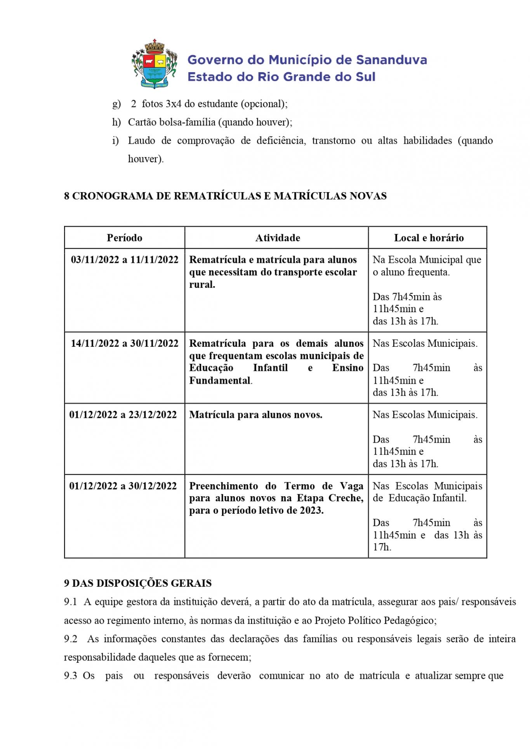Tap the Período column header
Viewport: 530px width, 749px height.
(x=124, y=238)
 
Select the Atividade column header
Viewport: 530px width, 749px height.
(x=278, y=238)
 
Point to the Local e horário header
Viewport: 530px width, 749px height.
(x=429, y=238)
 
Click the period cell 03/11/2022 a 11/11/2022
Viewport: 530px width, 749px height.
(x=124, y=260)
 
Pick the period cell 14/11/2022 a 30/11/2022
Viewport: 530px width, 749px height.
(x=124, y=344)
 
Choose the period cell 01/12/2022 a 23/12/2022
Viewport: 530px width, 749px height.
(x=123, y=415)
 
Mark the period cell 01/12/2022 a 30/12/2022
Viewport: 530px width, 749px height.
(x=123, y=486)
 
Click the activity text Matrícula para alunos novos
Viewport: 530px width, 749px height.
(x=255, y=415)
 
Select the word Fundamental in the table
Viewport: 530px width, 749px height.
(x=220, y=381)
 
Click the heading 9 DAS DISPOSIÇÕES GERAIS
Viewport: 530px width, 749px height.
(x=138, y=583)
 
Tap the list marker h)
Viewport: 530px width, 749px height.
(x=116, y=123)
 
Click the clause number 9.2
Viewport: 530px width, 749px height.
(x=71, y=639)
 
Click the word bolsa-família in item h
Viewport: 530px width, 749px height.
(x=187, y=123)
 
